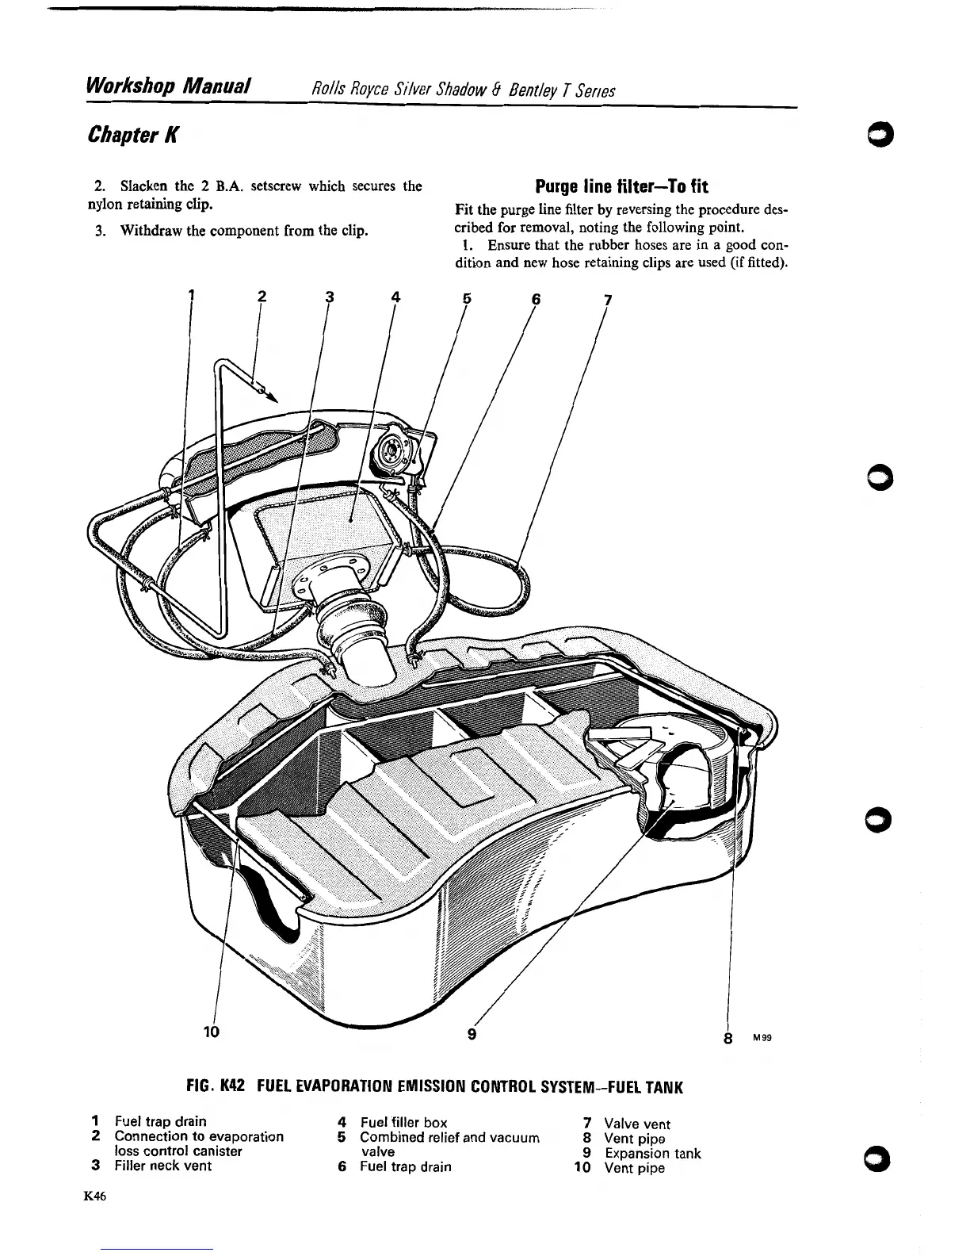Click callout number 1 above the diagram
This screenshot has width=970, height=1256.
[191, 297]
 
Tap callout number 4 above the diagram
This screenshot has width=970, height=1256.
[395, 298]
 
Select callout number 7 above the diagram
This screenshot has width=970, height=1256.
[607, 301]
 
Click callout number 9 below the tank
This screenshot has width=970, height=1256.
[472, 1034]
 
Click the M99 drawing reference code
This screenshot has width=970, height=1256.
[760, 1036]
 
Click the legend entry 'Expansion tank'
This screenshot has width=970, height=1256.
[652, 1153]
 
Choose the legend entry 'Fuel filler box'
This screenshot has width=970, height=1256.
[403, 1122]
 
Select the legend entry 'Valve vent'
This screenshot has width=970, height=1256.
[636, 1124]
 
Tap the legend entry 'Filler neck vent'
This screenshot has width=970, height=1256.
[162, 1166]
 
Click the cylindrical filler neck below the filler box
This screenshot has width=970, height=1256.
[360, 627]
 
